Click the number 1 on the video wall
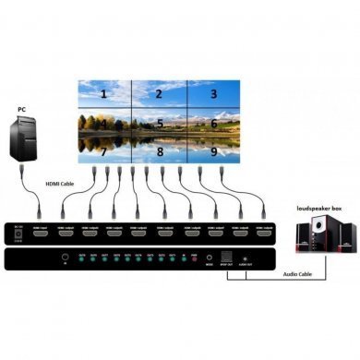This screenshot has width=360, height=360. [103, 94]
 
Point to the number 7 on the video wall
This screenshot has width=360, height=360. [103, 150]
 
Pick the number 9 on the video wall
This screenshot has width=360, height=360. [213, 150]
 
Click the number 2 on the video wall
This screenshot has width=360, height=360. [159, 94]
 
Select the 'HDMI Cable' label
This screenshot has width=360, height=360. [62, 185]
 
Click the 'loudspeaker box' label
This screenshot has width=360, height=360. [317, 210]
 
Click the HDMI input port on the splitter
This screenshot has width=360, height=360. [42, 234]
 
